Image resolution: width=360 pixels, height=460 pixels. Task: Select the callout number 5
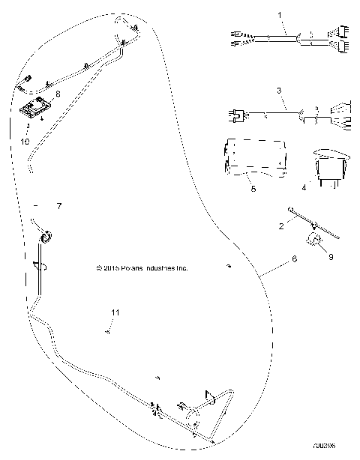coord(253,190)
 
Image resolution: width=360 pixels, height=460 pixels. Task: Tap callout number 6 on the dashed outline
coord(293,258)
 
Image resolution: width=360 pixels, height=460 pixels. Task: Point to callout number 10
coord(25,140)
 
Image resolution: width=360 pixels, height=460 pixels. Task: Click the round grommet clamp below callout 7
coord(45,237)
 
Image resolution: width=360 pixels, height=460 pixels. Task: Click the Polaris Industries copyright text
coord(142,267)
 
